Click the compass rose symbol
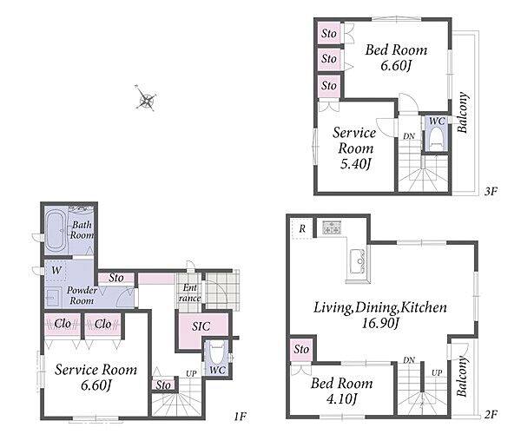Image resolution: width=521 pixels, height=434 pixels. click(x=146, y=99)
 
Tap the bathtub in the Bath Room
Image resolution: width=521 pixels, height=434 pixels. click(x=56, y=232)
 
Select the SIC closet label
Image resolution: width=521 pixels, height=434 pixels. click(x=201, y=326)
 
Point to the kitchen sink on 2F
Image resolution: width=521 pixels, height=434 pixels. click(x=359, y=261)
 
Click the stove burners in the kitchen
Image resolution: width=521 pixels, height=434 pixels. click(x=332, y=227)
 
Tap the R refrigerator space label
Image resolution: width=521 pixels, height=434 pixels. click(x=302, y=228)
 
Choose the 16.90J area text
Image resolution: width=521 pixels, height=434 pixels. click(x=379, y=323)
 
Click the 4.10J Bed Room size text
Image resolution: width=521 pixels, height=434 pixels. click(x=341, y=398)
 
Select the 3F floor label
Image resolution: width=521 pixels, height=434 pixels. click(x=490, y=191)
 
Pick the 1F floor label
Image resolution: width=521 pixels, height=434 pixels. click(x=240, y=416)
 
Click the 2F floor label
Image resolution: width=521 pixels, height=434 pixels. click(x=491, y=414)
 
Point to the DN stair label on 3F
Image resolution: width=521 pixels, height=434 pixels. click(x=409, y=136)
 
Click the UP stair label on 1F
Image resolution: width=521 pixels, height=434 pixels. click(x=191, y=374)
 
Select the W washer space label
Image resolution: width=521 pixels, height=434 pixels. click(x=56, y=270)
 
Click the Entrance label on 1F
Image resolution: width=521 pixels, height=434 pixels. click(x=189, y=293)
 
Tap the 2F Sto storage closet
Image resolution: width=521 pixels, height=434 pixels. click(x=301, y=350)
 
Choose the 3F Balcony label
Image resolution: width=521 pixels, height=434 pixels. click(x=463, y=113)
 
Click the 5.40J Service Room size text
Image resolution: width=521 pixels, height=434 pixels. click(x=355, y=164)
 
